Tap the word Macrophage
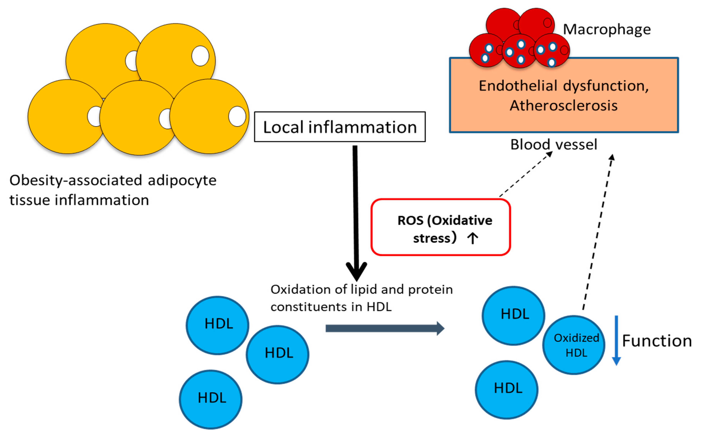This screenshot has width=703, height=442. pyautogui.click(x=607, y=30)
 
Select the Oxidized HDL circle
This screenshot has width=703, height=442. pyautogui.click(x=574, y=345)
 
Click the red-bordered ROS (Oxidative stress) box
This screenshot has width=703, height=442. pyautogui.click(x=441, y=227)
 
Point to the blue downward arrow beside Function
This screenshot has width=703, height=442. pyautogui.click(x=616, y=341)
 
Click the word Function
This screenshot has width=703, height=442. pyautogui.click(x=657, y=341)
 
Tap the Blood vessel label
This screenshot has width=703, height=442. pyautogui.click(x=554, y=144)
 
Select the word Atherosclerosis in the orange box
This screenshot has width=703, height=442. pyautogui.click(x=563, y=106)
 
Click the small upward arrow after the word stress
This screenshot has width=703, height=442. pyautogui.click(x=473, y=238)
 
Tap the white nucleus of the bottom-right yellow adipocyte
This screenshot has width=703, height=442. pyautogui.click(x=237, y=116)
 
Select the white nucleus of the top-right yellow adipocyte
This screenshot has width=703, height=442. pyautogui.click(x=200, y=56)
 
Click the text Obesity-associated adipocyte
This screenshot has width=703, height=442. pyautogui.click(x=113, y=180)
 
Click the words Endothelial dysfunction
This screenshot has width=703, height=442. pyautogui.click(x=563, y=86)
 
